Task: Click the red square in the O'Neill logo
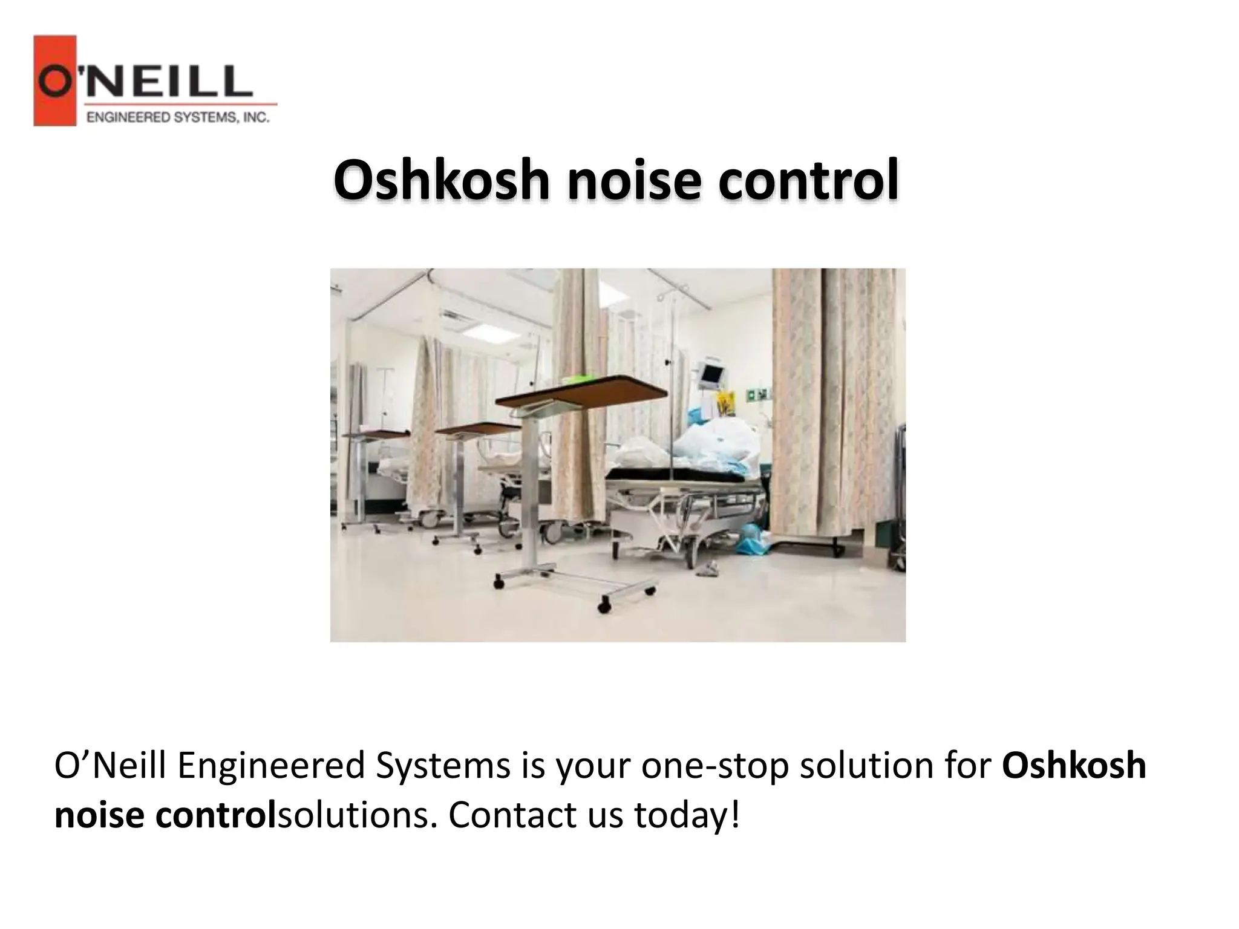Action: tap(54, 80)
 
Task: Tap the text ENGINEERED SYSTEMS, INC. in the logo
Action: tap(178, 117)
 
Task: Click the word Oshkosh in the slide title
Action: tap(441, 180)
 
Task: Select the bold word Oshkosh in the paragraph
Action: tap(1074, 765)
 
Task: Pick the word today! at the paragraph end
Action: tap(687, 816)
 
